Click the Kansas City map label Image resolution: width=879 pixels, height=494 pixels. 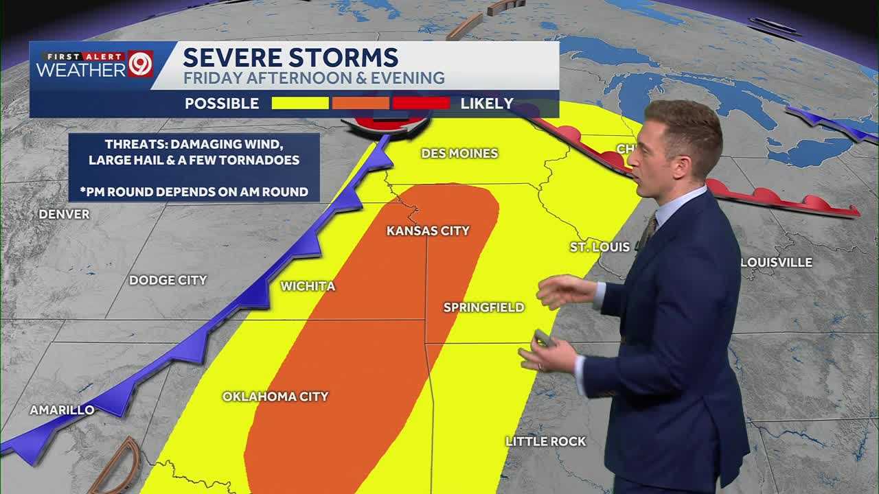428,231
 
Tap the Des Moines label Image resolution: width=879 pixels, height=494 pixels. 459,153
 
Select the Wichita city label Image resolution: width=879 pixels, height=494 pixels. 308,286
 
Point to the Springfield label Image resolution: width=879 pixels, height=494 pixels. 483,307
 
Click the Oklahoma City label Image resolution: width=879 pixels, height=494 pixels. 275,397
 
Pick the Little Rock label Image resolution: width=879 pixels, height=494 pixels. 546,441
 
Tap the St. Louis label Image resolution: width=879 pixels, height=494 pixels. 600,247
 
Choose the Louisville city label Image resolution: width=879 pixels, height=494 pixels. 777,262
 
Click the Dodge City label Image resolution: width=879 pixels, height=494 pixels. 168,280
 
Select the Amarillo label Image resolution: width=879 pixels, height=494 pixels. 62,410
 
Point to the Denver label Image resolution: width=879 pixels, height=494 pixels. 64,214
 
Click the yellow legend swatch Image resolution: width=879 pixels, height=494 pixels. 300,104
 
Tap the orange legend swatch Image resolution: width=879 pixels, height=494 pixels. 361,104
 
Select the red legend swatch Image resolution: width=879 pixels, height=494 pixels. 421,104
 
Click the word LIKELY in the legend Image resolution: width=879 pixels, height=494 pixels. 487,104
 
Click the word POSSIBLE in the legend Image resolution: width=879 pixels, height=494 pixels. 222,104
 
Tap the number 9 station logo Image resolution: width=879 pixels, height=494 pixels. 140,64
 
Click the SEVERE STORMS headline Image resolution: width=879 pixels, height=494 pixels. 290,57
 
